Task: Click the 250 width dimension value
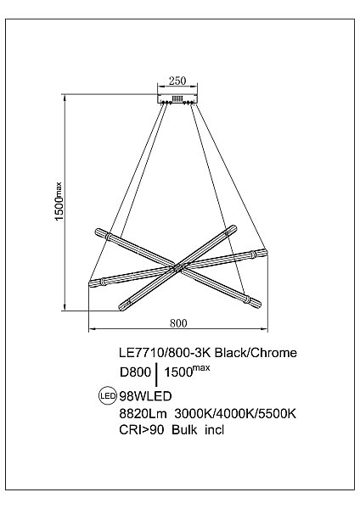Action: (177, 81)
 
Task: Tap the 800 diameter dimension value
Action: (177, 322)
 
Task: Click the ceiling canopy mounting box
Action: (177, 98)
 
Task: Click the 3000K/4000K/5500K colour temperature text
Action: (234, 414)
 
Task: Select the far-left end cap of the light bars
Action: (93, 282)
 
